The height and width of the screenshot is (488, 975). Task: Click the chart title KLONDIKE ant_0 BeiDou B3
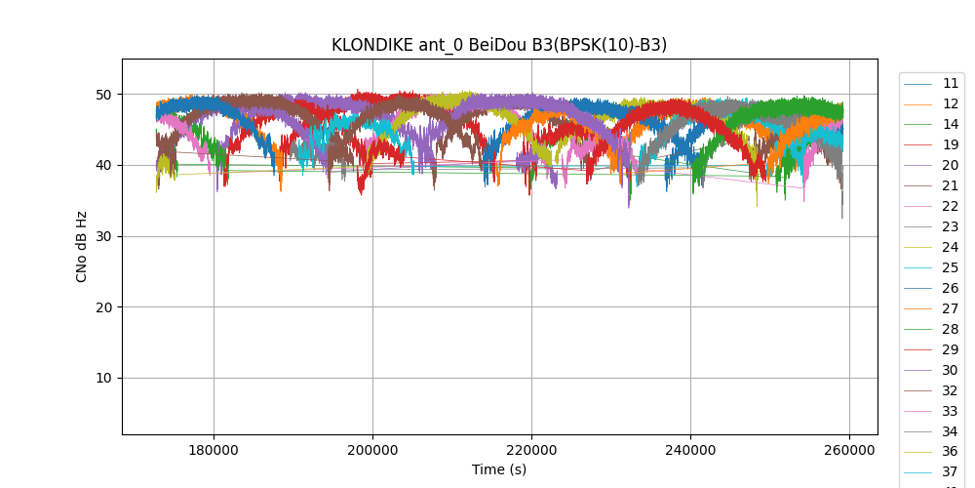[499, 45]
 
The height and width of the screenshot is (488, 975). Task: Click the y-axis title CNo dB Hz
[82, 247]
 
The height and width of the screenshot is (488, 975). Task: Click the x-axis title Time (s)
[499, 469]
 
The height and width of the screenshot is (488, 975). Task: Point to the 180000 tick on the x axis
[214, 450]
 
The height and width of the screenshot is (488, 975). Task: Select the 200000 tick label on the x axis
[372, 450]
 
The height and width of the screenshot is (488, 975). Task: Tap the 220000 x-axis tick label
[531, 450]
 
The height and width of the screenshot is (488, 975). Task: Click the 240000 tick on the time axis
[690, 450]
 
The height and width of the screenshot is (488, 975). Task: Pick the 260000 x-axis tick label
[849, 450]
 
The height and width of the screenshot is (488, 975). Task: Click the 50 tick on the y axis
[102, 95]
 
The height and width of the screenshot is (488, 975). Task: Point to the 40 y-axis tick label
[102, 166]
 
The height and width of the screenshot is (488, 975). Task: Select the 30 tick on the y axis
[102, 236]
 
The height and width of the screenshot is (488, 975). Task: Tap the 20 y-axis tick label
[102, 307]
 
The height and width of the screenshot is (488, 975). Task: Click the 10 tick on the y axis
[102, 379]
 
